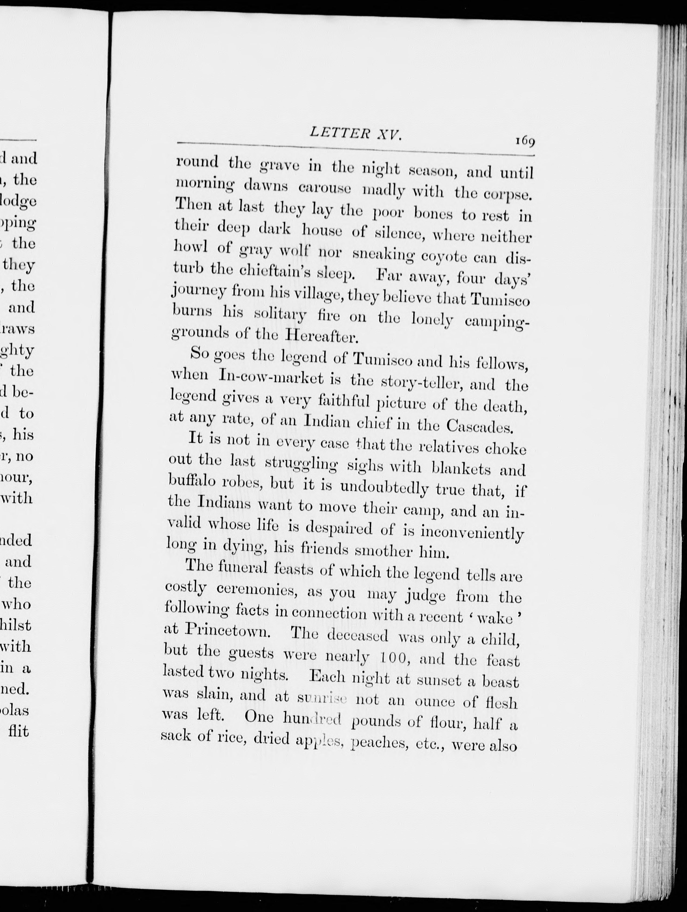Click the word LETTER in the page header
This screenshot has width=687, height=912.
coord(333,133)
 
